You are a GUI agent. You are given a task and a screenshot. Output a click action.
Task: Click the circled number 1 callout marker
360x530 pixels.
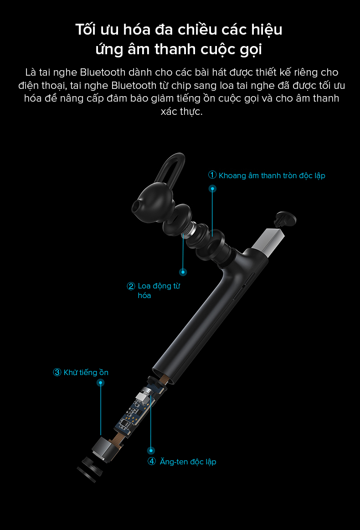[212, 175]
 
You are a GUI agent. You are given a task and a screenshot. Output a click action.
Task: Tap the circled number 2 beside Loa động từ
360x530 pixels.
[131, 286]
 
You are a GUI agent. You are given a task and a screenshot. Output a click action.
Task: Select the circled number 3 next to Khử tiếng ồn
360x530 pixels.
[57, 372]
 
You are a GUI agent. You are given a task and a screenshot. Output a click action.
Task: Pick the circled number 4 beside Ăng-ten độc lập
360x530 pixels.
[152, 461]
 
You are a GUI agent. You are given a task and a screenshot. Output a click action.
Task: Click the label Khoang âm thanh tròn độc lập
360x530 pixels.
[272, 176]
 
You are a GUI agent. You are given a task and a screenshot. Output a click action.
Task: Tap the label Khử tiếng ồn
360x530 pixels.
[86, 372]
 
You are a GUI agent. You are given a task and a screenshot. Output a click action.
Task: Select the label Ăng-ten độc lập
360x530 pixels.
[188, 462]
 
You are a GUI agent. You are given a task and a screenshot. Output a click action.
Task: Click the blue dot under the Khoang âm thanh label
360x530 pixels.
[212, 189]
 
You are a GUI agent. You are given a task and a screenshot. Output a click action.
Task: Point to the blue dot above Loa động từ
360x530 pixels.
[183, 272]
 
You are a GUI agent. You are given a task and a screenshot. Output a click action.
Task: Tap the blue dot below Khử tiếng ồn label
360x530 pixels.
[100, 383]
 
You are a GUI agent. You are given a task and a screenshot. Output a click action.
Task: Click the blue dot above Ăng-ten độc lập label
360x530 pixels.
[151, 450]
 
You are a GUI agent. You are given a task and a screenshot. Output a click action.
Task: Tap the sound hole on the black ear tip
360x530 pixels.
[136, 206]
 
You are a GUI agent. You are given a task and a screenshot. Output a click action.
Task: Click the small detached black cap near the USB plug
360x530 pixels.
[285, 219]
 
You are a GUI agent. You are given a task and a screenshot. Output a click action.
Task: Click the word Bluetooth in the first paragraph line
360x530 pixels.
[103, 72]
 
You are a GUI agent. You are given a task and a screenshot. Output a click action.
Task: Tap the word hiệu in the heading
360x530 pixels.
[267, 30]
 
